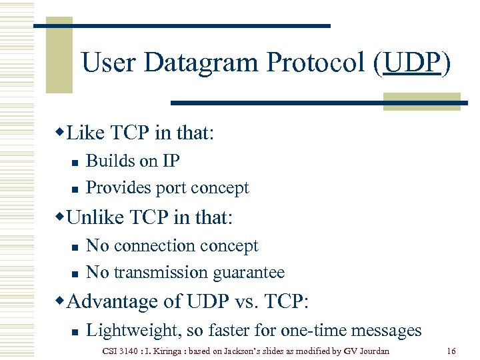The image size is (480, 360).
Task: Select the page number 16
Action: tap(451, 351)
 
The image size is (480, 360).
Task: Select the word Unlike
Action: tap(97, 217)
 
